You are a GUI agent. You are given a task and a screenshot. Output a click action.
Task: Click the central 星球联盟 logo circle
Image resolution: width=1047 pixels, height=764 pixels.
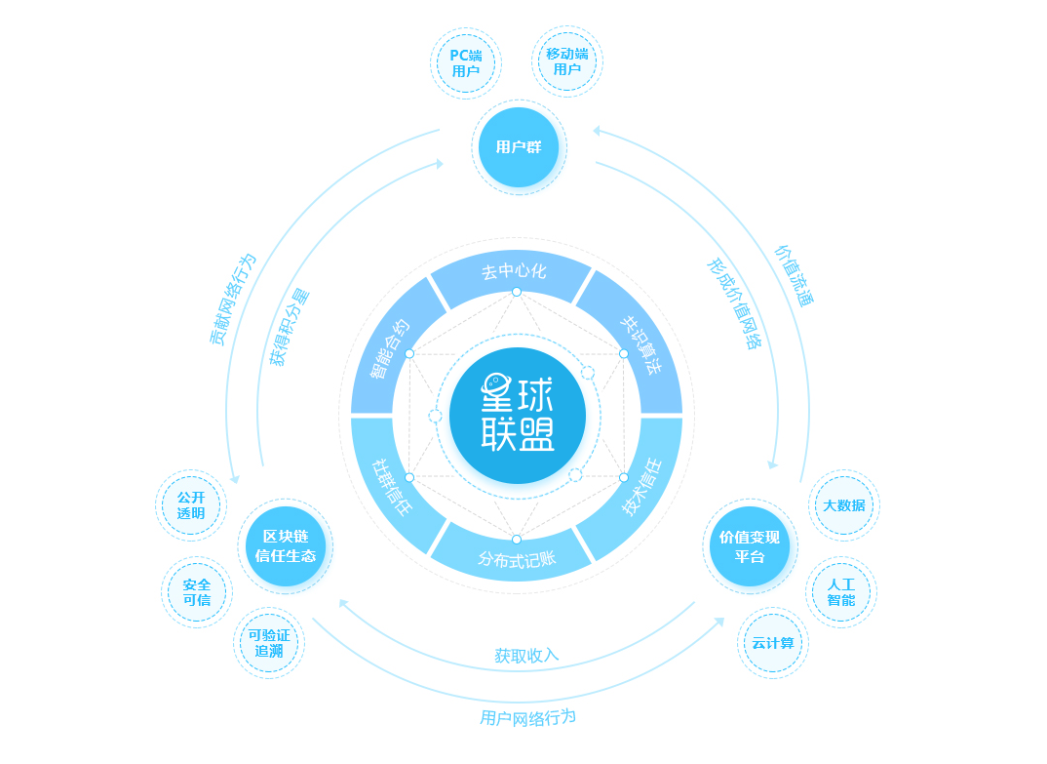click(518, 415)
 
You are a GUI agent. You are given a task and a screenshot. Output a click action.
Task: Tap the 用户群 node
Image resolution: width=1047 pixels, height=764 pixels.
click(519, 147)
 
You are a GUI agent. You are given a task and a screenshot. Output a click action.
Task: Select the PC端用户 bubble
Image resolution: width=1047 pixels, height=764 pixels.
click(465, 62)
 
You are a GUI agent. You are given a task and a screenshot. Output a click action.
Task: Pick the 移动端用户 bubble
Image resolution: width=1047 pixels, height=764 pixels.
click(567, 61)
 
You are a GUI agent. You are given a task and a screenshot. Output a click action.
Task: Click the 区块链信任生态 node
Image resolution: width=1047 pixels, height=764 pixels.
click(285, 546)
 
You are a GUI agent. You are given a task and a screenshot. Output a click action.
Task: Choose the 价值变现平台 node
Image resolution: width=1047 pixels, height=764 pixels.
click(750, 546)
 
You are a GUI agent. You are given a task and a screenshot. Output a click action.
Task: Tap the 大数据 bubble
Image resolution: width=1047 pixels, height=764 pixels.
click(844, 505)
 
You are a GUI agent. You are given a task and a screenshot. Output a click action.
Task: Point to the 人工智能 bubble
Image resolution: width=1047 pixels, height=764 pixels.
click(841, 592)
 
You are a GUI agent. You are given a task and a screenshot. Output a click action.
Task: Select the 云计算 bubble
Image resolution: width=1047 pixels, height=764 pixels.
click(772, 643)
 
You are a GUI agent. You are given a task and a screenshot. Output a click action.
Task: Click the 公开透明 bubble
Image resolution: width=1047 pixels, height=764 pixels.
click(191, 505)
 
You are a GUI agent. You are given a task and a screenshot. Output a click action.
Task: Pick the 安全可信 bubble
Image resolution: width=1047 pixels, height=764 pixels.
click(196, 592)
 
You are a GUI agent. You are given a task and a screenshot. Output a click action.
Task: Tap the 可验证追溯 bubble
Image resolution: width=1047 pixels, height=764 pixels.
click(269, 643)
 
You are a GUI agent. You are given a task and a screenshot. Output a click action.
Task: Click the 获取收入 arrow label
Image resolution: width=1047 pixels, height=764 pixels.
click(526, 656)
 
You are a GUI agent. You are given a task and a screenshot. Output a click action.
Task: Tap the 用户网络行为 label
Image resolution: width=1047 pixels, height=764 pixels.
click(527, 718)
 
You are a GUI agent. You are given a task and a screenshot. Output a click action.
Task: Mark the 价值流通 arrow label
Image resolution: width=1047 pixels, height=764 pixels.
click(794, 275)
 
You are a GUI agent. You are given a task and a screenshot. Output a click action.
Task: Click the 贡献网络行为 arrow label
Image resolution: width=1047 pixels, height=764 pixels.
click(232, 300)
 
